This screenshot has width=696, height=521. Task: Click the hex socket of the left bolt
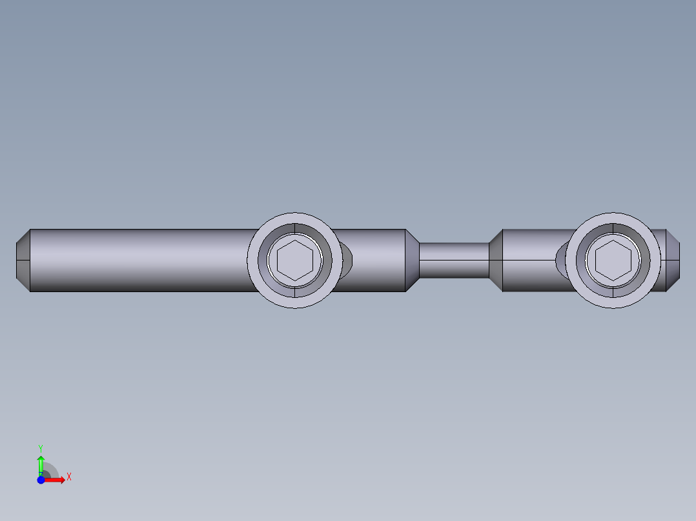(294, 260)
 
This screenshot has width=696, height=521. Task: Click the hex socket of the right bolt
(613, 260)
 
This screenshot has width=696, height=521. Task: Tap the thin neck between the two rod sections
(454, 260)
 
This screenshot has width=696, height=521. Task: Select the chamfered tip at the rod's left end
(23, 260)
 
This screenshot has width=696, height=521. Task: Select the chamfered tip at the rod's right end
(673, 260)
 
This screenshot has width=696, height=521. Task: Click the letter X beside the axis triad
(69, 477)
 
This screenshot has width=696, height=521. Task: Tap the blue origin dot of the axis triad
(41, 480)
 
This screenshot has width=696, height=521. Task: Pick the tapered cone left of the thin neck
(413, 260)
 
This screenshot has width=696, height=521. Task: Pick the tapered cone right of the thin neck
(496, 260)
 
